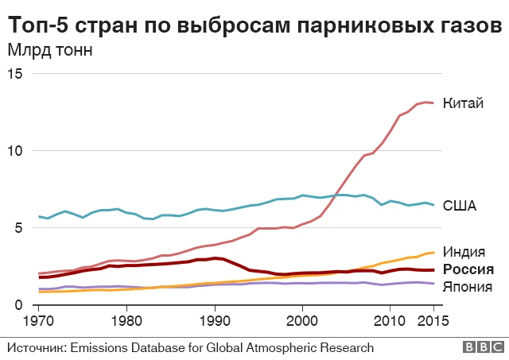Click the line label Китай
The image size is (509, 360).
(x=463, y=104)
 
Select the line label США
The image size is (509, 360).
(x=459, y=207)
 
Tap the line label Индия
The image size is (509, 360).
(x=464, y=252)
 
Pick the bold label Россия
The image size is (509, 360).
(x=469, y=269)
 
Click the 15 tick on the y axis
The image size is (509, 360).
(x=18, y=73)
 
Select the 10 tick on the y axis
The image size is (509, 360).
(x=18, y=150)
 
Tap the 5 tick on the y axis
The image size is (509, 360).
(x=22, y=228)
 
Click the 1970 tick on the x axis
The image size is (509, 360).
(x=38, y=322)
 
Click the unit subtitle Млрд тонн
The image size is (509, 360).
(x=50, y=50)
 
